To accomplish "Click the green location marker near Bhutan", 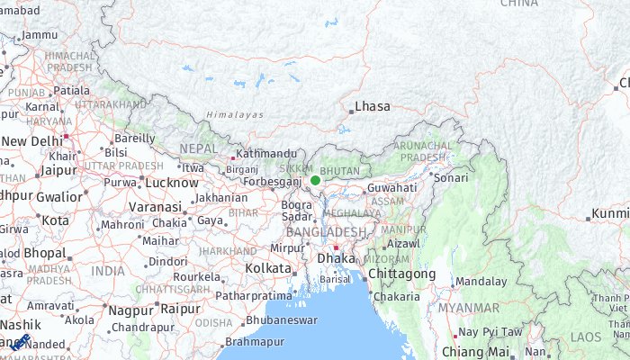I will pyautogui.click(x=315, y=180).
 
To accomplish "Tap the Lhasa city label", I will pyautogui.click(x=373, y=106).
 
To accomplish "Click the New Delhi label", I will pyautogui.click(x=32, y=141).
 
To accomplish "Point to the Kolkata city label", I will pyautogui.click(x=267, y=268).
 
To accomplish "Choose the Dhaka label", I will pyautogui.click(x=337, y=258).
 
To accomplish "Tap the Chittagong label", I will pyautogui.click(x=401, y=274).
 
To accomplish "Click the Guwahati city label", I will pyautogui.click(x=391, y=188).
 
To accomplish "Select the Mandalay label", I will pyautogui.click(x=480, y=282).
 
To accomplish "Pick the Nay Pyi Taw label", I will pyautogui.click(x=490, y=332).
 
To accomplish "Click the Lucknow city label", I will pyautogui.click(x=171, y=183).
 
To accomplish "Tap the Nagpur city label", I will pyautogui.click(x=130, y=310).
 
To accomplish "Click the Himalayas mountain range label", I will pyautogui.click(x=234, y=115).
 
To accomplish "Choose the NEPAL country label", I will pyautogui.click(x=197, y=148).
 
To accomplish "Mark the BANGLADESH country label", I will pyautogui.click(x=326, y=231).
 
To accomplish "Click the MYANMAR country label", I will pyautogui.click(x=468, y=308).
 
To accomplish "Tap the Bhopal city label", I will pyautogui.click(x=45, y=253).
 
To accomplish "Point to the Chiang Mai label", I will pyautogui.click(x=481, y=352).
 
